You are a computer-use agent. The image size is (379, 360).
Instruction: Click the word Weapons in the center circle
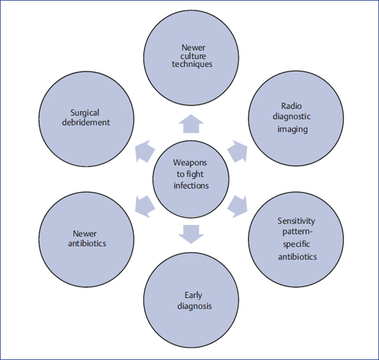tap(190, 163)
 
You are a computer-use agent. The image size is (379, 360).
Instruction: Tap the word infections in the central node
tap(190, 185)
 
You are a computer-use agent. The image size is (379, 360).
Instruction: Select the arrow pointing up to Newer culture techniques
tap(190, 125)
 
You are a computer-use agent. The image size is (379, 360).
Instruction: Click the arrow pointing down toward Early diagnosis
tap(190, 233)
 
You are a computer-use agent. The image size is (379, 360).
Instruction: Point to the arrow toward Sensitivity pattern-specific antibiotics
tap(236, 205)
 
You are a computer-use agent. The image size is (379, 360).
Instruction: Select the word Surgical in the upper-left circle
tap(86, 113)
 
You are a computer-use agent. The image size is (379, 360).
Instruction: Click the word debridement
tap(86, 122)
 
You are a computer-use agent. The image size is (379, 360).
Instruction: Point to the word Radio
tap(295, 106)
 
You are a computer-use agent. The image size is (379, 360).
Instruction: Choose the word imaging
tap(296, 129)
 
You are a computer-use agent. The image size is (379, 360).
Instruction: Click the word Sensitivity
tap(296, 220)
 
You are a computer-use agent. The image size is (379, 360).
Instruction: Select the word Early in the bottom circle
tap(192, 295)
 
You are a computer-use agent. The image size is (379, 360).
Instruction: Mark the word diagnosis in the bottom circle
tap(192, 306)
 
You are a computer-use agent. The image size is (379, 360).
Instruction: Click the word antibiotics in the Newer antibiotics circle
tap(86, 243)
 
